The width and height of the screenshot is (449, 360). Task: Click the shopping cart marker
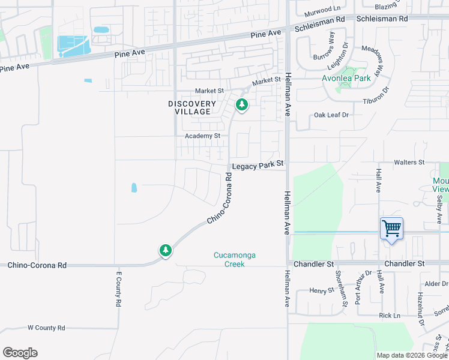[391, 229]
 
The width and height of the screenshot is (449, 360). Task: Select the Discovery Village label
[192, 108]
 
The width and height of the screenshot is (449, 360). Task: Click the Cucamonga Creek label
[235, 259]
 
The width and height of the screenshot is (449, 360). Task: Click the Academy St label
[203, 136]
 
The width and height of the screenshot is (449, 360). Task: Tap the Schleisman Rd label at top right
[382, 19]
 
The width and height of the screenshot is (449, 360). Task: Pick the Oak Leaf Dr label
[331, 115]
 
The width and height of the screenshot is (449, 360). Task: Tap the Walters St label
[409, 163]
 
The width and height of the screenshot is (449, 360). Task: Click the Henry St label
[322, 290]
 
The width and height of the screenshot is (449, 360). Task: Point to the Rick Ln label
[389, 316]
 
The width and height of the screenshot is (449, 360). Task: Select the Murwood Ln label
[322, 9]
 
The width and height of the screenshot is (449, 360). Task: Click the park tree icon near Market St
[242, 106]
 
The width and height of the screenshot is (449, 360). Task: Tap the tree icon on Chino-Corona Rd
[166, 250]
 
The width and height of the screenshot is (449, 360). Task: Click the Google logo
[20, 353]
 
